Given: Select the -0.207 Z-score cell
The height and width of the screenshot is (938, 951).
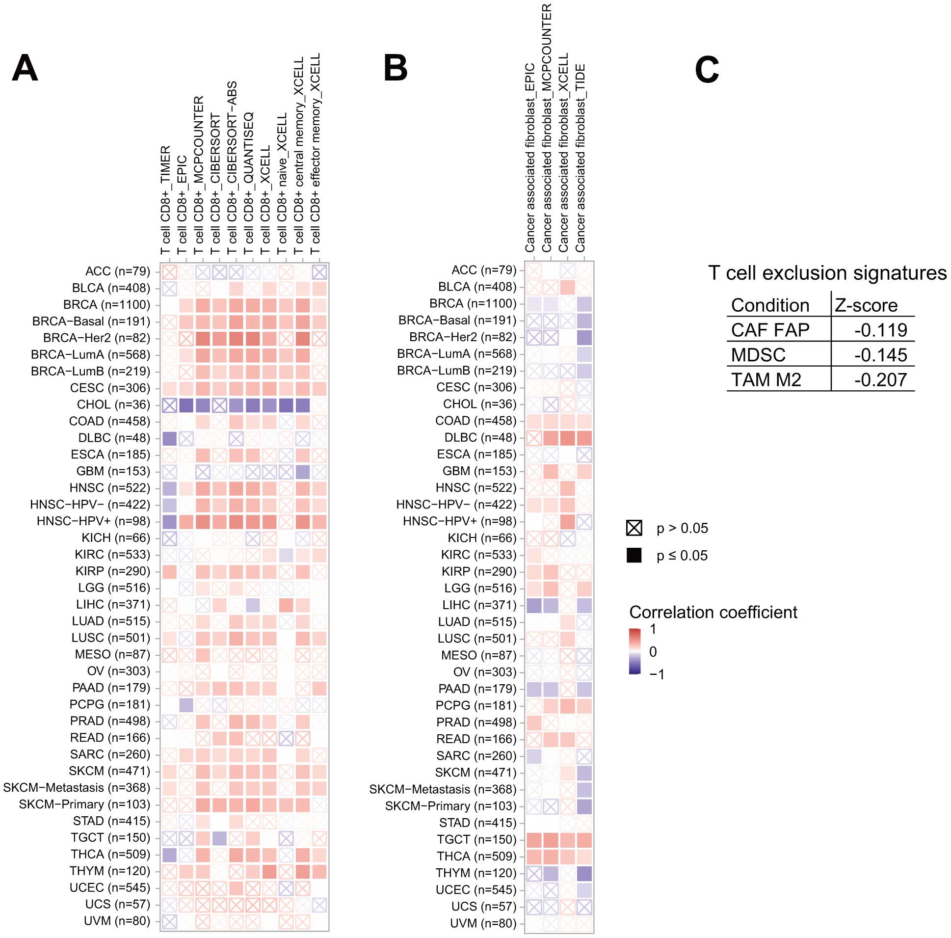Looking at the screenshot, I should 880,379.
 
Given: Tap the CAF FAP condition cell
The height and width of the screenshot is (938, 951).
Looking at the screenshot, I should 770,330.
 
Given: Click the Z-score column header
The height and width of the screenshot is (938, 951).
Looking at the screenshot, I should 866,305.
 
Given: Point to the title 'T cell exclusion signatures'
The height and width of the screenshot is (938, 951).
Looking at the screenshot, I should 827,273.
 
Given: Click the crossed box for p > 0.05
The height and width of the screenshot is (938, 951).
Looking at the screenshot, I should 634,528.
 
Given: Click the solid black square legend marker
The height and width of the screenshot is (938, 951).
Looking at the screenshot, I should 634,556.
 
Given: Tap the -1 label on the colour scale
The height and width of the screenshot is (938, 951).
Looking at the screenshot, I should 657,674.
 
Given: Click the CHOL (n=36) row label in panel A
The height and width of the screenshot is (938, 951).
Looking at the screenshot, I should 113,405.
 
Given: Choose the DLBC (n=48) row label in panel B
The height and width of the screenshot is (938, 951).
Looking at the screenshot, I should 480,438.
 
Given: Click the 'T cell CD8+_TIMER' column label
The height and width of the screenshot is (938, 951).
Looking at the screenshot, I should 166,199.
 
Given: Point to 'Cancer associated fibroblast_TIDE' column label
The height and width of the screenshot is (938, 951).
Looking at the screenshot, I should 581,158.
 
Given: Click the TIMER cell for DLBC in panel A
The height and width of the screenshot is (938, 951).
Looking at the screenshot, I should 169,438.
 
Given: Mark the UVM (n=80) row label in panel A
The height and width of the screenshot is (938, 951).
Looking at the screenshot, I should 117,921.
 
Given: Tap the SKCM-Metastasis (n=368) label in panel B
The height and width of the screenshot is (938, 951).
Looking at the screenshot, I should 443,789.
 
